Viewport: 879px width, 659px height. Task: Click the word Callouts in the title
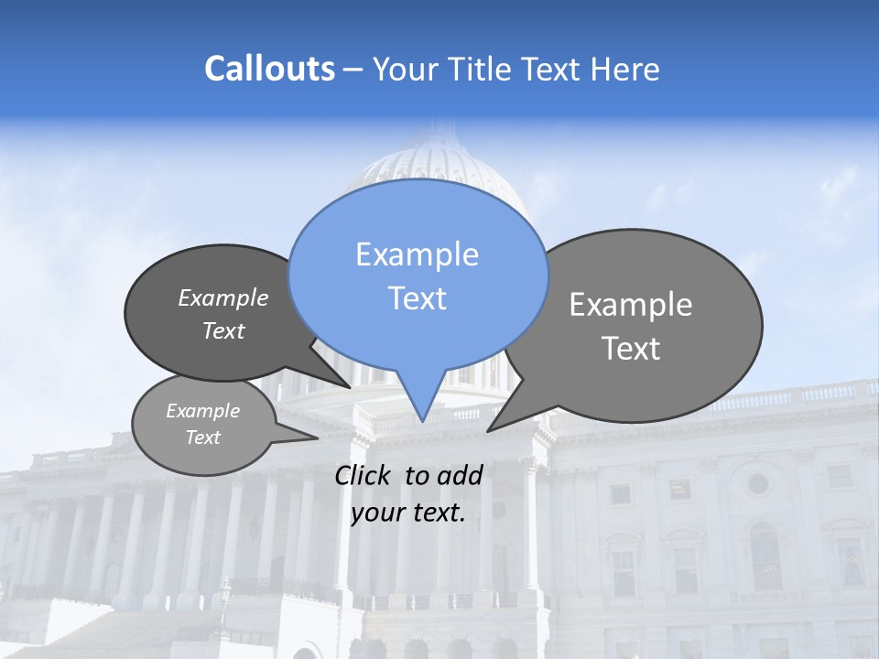pos(269,69)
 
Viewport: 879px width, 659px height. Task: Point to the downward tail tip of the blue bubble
pos(422,420)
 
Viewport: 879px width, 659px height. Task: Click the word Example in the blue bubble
pos(418,254)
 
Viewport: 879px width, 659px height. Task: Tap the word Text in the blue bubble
pos(418,298)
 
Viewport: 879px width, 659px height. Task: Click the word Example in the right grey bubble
pos(631,304)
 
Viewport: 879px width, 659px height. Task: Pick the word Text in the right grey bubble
pos(631,349)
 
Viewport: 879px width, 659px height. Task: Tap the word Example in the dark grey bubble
pos(223,297)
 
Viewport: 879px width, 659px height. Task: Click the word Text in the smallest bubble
pos(203,438)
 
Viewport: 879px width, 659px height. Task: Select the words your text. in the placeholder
pos(408,513)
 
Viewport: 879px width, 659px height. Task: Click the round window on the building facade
pos(757,482)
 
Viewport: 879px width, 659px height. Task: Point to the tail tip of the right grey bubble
pos(489,430)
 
